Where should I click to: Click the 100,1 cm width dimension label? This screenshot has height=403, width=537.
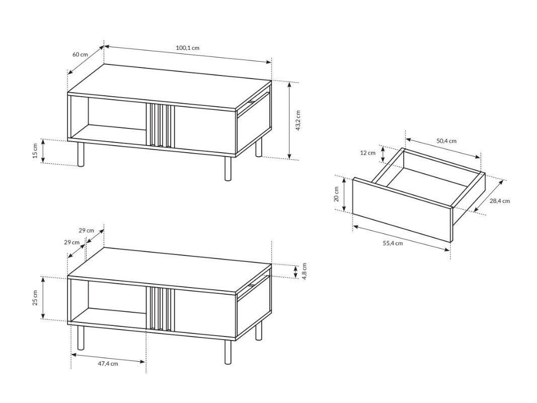click(188, 48)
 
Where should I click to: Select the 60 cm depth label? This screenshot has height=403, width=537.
click(80, 54)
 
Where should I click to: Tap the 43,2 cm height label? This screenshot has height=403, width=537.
click(298, 121)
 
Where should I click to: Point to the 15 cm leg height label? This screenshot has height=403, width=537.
click(35, 151)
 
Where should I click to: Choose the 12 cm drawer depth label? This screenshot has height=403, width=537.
click(368, 153)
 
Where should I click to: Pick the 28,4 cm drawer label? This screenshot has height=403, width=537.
click(499, 201)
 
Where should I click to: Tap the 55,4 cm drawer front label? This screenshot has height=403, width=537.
click(393, 243)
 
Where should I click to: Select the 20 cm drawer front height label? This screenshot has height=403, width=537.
click(337, 194)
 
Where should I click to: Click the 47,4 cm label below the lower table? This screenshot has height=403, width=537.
click(108, 364)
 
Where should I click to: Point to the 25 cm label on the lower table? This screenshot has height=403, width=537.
click(35, 298)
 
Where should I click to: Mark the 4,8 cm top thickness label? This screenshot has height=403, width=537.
click(304, 272)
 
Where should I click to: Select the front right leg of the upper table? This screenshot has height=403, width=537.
click(227, 168)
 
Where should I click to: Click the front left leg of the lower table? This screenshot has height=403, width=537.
click(81, 338)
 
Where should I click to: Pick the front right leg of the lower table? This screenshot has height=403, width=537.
click(227, 352)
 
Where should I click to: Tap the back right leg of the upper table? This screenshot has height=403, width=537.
click(259, 148)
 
